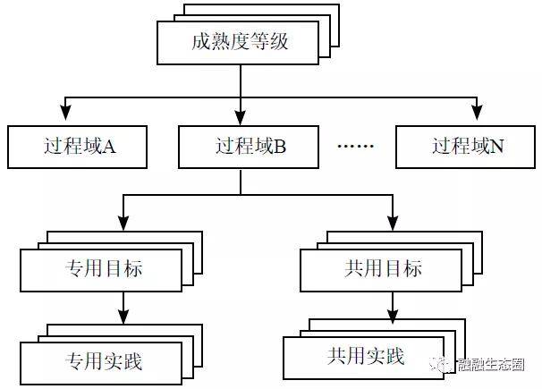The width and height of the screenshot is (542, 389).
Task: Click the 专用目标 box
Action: tap(105, 269)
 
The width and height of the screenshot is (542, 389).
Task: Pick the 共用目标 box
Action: tap(383, 269)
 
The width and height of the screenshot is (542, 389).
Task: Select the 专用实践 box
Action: tap(105, 361)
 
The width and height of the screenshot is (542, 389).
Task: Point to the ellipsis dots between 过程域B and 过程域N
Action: tap(356, 147)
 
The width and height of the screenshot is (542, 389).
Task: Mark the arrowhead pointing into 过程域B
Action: tap(240, 116)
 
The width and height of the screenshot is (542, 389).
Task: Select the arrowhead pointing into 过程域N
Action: tap(478, 116)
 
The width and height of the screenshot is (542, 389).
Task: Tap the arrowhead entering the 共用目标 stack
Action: tap(392, 224)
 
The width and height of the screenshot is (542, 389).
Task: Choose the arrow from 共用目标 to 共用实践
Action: tap(392, 308)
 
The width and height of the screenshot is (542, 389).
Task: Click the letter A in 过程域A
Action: tap(110, 147)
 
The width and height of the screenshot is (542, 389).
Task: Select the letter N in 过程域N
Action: tap(498, 147)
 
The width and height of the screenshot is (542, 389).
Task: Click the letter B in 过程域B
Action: tap(280, 147)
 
